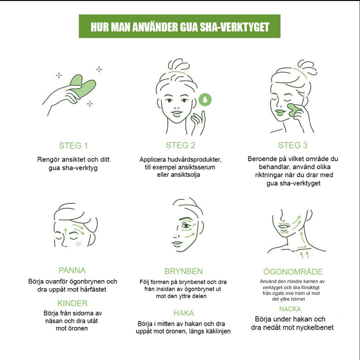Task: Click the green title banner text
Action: (180, 27)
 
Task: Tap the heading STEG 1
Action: (73, 146)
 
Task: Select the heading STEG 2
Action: (180, 145)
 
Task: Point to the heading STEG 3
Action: (292, 145)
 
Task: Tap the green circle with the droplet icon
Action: (205, 99)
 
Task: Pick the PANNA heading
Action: (72, 270)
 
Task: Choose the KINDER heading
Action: (72, 303)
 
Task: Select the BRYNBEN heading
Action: (183, 271)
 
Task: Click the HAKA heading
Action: (183, 313)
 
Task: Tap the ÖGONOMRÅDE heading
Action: (293, 272)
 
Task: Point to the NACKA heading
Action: (290, 309)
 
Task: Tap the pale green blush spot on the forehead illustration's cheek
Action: (78, 244)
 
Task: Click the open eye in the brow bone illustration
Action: (186, 226)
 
